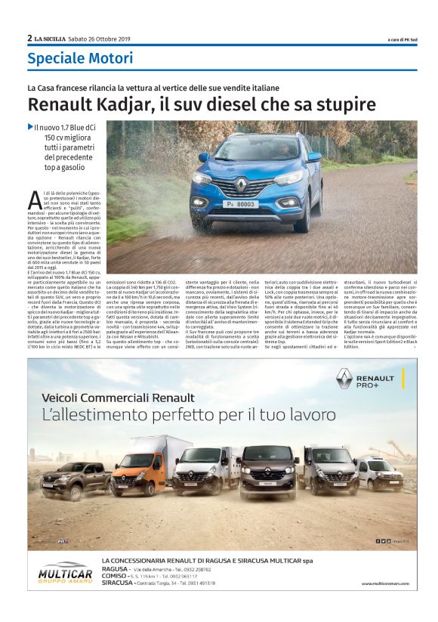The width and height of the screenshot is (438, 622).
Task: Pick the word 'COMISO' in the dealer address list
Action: (113, 575)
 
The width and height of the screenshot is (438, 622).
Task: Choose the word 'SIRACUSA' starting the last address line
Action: (118, 583)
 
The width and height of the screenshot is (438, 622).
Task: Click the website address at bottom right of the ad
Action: (385, 583)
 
